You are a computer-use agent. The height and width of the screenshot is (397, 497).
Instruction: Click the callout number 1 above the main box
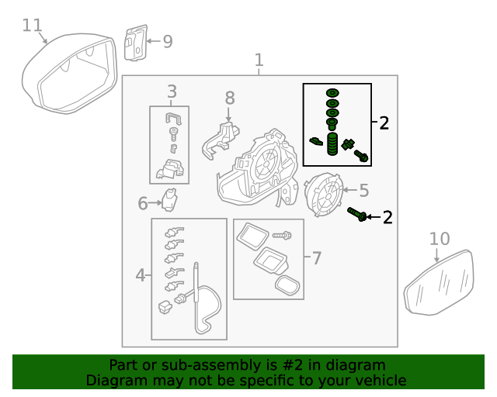point(259,60)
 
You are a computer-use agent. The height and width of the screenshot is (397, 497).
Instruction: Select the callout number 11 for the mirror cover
point(32,26)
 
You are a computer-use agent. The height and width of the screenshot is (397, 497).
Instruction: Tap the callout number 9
point(167,41)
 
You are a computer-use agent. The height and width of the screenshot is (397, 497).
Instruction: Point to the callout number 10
point(440,238)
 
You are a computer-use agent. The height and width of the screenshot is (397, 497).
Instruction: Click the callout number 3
point(172,91)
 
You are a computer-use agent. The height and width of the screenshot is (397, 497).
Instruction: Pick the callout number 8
point(229,98)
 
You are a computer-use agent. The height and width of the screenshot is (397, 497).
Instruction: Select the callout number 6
point(143,204)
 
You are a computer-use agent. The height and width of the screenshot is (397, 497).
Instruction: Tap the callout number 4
point(141,274)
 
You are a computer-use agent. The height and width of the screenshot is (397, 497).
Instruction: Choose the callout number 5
point(363,189)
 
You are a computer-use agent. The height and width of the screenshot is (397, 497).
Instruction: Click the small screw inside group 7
point(282,234)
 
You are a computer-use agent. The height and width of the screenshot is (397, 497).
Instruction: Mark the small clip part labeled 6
point(171,200)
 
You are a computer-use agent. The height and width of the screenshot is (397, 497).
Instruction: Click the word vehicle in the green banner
point(376,381)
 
